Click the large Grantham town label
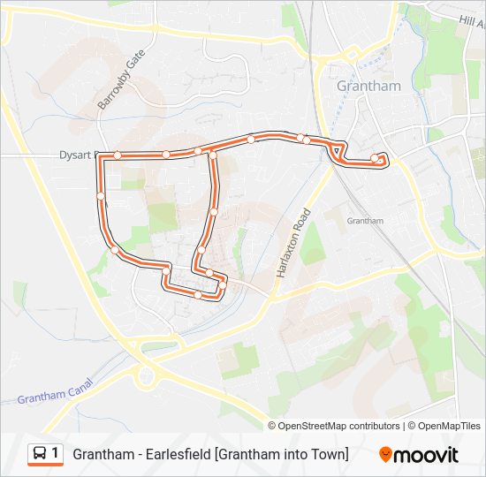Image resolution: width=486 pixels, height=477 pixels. click(368, 87)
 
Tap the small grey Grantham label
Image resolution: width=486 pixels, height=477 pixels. click(365, 221)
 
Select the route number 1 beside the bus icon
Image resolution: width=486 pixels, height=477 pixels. click(56, 454)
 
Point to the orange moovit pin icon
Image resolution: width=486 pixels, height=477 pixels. click(385, 455)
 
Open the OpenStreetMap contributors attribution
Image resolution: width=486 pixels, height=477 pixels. click(339, 426)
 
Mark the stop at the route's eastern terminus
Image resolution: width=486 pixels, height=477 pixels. click(375, 159)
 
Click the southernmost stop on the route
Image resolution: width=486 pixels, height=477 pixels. click(198, 295)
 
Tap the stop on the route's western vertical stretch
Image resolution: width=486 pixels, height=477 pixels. click(101, 195)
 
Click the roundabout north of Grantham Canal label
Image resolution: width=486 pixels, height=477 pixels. click(147, 377)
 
